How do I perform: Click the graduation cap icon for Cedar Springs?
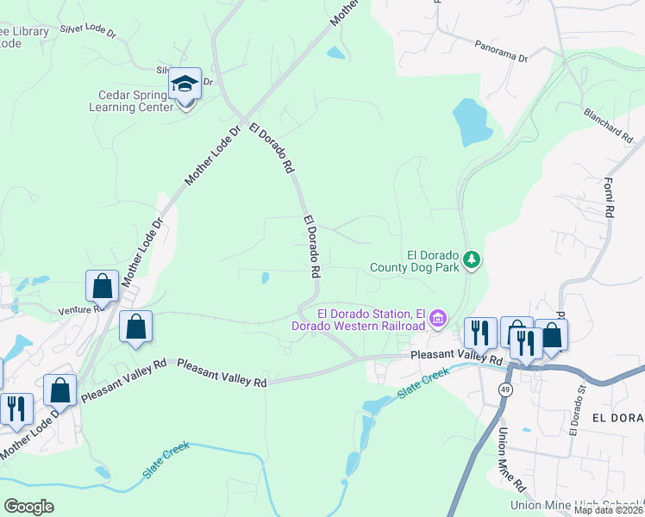tap(185, 84)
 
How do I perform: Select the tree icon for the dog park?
tap(471, 258)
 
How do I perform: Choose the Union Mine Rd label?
tap(506, 457)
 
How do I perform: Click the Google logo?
tap(28, 506)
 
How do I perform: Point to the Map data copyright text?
tap(609, 510)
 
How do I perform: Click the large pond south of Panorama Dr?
tap(472, 122)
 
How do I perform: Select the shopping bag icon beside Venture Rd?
tap(102, 285)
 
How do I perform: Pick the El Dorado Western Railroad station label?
tap(372, 319)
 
